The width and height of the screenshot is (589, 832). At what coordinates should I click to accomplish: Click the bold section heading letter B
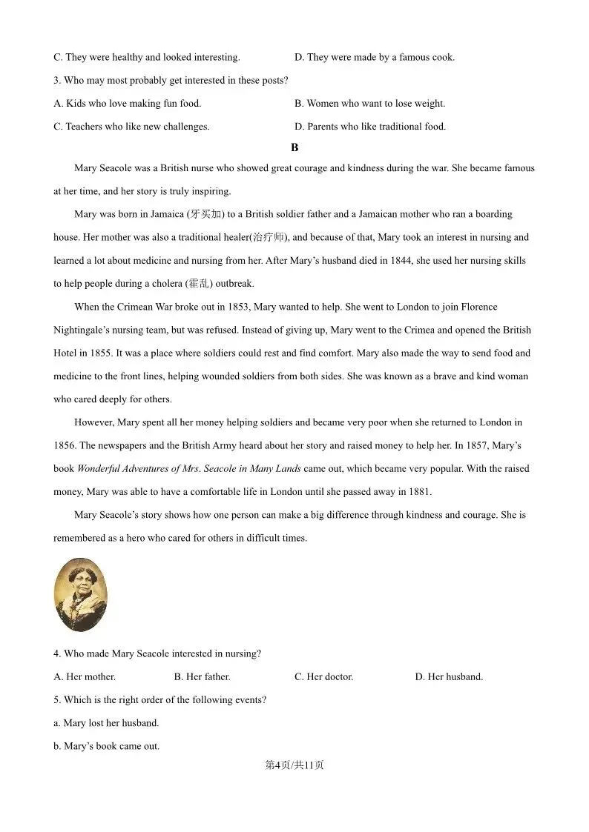point(294,147)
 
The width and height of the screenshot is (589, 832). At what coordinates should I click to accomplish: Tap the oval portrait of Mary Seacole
point(81,594)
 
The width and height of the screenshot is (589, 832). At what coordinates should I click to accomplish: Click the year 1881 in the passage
point(419,492)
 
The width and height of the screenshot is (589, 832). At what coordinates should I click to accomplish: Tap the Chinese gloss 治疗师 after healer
point(268,238)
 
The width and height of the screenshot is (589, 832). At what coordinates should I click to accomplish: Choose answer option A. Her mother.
point(85,676)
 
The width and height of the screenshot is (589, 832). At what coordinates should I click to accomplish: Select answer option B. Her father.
point(202,676)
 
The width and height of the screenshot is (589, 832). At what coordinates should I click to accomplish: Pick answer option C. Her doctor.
point(323,676)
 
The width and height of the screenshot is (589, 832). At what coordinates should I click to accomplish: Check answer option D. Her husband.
point(449,676)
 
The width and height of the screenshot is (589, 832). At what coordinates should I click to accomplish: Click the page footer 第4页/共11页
point(294,765)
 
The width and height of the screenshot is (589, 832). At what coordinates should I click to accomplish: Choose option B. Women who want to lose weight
point(369,104)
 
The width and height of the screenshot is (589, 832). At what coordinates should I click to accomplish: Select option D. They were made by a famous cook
point(375,57)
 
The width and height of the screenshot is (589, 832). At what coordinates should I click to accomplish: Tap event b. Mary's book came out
point(106,746)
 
